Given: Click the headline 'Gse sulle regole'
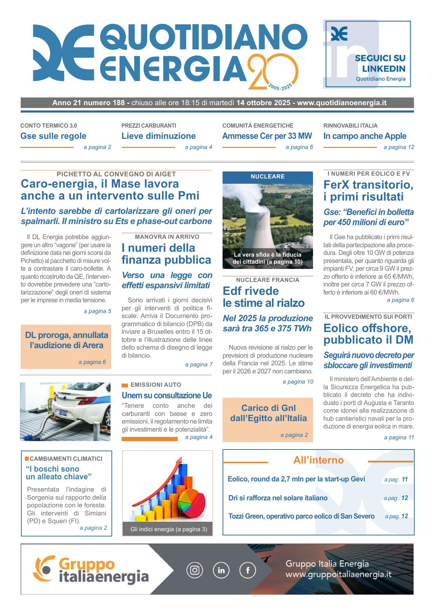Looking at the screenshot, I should [x=53, y=136].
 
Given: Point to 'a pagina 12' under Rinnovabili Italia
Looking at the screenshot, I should [x=399, y=147].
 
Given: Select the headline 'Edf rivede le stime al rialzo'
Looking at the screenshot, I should [x=263, y=297].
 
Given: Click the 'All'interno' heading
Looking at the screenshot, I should [x=318, y=460].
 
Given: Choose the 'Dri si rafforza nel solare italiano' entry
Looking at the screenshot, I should [x=278, y=498].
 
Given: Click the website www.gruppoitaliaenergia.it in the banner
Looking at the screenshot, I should [x=338, y=575].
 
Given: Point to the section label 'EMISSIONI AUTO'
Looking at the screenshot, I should [x=156, y=385].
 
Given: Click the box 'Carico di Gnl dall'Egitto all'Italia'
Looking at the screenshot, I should [x=268, y=413].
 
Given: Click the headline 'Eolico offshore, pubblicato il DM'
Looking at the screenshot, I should [x=368, y=334].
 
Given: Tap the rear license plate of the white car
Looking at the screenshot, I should [x=63, y=413].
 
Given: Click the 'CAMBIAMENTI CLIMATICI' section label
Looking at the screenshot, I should [x=66, y=459].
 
